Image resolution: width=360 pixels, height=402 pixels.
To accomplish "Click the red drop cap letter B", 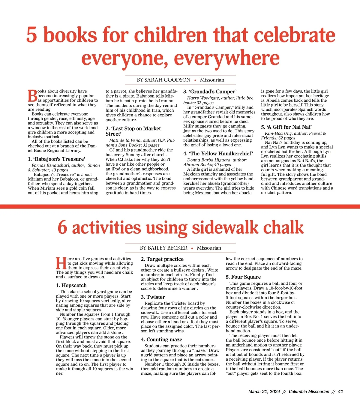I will [32, 96].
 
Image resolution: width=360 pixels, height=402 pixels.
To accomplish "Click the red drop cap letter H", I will [61, 263].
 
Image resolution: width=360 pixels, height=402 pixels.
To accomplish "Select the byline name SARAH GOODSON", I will [167, 80].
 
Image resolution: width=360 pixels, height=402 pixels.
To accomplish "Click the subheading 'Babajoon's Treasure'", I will [57, 159].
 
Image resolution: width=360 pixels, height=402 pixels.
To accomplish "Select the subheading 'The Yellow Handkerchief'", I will [218, 154].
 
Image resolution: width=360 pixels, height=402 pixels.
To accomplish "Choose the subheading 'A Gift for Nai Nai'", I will [286, 127].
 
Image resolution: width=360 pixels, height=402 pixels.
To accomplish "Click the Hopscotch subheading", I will [71, 285].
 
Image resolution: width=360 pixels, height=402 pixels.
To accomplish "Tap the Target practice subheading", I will [162, 259].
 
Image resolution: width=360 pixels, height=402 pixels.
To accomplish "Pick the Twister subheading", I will [153, 297].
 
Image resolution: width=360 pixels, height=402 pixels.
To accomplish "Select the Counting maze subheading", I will [162, 339].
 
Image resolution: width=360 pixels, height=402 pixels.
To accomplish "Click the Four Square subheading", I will [243, 277].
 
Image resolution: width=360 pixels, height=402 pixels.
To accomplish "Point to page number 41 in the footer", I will [340, 391].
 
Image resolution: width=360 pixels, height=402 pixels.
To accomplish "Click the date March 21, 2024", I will [264, 391].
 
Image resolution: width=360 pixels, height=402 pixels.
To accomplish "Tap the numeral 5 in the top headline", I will [31, 35].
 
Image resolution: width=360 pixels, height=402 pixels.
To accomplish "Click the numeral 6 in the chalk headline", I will [62, 227].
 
